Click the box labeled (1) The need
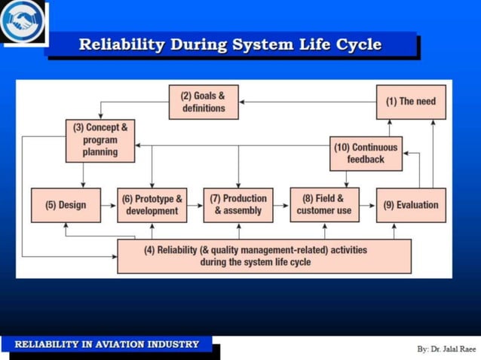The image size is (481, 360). coord(411,102)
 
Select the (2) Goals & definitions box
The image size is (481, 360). coord(204,102)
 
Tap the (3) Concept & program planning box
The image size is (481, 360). coord(100,140)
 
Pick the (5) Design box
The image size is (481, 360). coord(66,205)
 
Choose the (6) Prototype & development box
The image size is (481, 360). coord(152,205)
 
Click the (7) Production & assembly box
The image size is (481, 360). coord(238,205)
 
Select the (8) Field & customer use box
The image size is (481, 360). coord(324,205)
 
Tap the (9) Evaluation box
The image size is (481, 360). coord(411,205)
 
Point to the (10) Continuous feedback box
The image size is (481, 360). coord(366,153)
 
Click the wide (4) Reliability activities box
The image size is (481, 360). coord(264,256)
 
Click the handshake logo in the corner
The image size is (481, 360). coord(22,21)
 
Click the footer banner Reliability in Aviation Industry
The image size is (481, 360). coord(106,344)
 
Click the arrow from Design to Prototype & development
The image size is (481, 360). coord(109,205)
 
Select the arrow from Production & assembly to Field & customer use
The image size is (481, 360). coord(282,205)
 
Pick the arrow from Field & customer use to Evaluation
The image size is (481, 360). coord(367,205)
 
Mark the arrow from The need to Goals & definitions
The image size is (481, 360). coord(308,102)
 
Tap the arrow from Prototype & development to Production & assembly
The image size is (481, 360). coord(195,205)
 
